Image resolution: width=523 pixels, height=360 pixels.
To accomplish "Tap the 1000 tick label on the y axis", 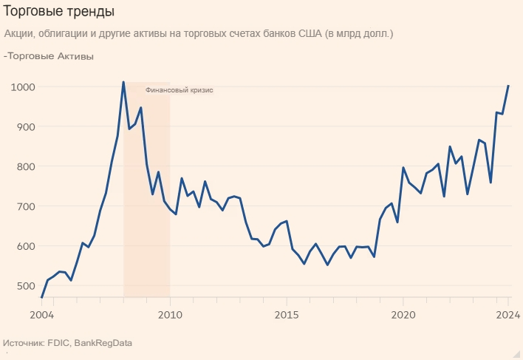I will [22, 87].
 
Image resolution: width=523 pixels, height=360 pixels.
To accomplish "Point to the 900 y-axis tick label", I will [25, 127].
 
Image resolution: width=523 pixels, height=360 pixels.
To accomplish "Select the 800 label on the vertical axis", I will [25, 167].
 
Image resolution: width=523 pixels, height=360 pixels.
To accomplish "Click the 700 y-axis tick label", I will [25, 207].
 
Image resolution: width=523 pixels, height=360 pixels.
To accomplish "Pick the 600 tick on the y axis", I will [25, 246].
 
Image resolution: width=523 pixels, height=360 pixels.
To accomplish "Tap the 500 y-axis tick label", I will [25, 286].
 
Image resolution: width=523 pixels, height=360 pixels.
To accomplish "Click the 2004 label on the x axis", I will [42, 316].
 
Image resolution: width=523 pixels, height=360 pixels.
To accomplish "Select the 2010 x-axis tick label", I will [170, 316].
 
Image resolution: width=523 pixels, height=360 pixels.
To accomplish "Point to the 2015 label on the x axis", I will [286, 316].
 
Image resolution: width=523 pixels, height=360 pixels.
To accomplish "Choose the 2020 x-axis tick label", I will [403, 316].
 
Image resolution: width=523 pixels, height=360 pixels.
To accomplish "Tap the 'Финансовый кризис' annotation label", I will [180, 90].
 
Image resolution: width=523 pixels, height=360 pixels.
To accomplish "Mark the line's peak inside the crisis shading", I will [123, 82].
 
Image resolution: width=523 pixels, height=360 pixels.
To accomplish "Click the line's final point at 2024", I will [508, 86].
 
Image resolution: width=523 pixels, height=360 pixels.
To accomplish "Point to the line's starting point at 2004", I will [41, 297].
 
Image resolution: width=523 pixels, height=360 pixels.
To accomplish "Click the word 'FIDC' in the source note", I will [58, 343].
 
